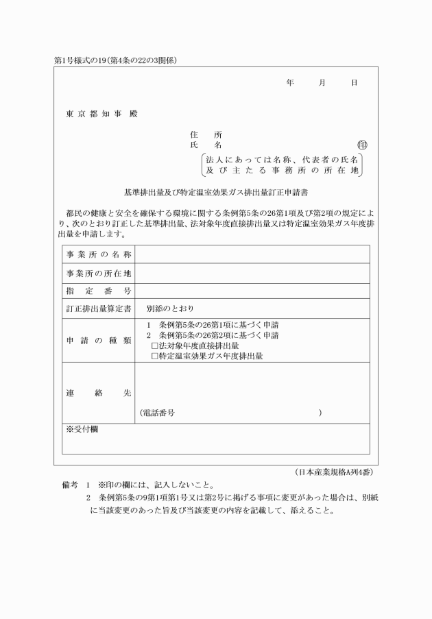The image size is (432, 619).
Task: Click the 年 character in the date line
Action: tap(290, 83)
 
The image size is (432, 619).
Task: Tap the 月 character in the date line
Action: tap(322, 83)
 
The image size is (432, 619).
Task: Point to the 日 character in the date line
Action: tap(354, 83)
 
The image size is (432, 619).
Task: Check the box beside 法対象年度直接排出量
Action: tap(155, 347)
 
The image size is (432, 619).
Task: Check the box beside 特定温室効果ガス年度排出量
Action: tap(155, 356)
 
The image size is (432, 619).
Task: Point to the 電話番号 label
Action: tap(159, 413)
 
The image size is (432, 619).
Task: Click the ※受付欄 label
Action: tap(82, 429)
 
